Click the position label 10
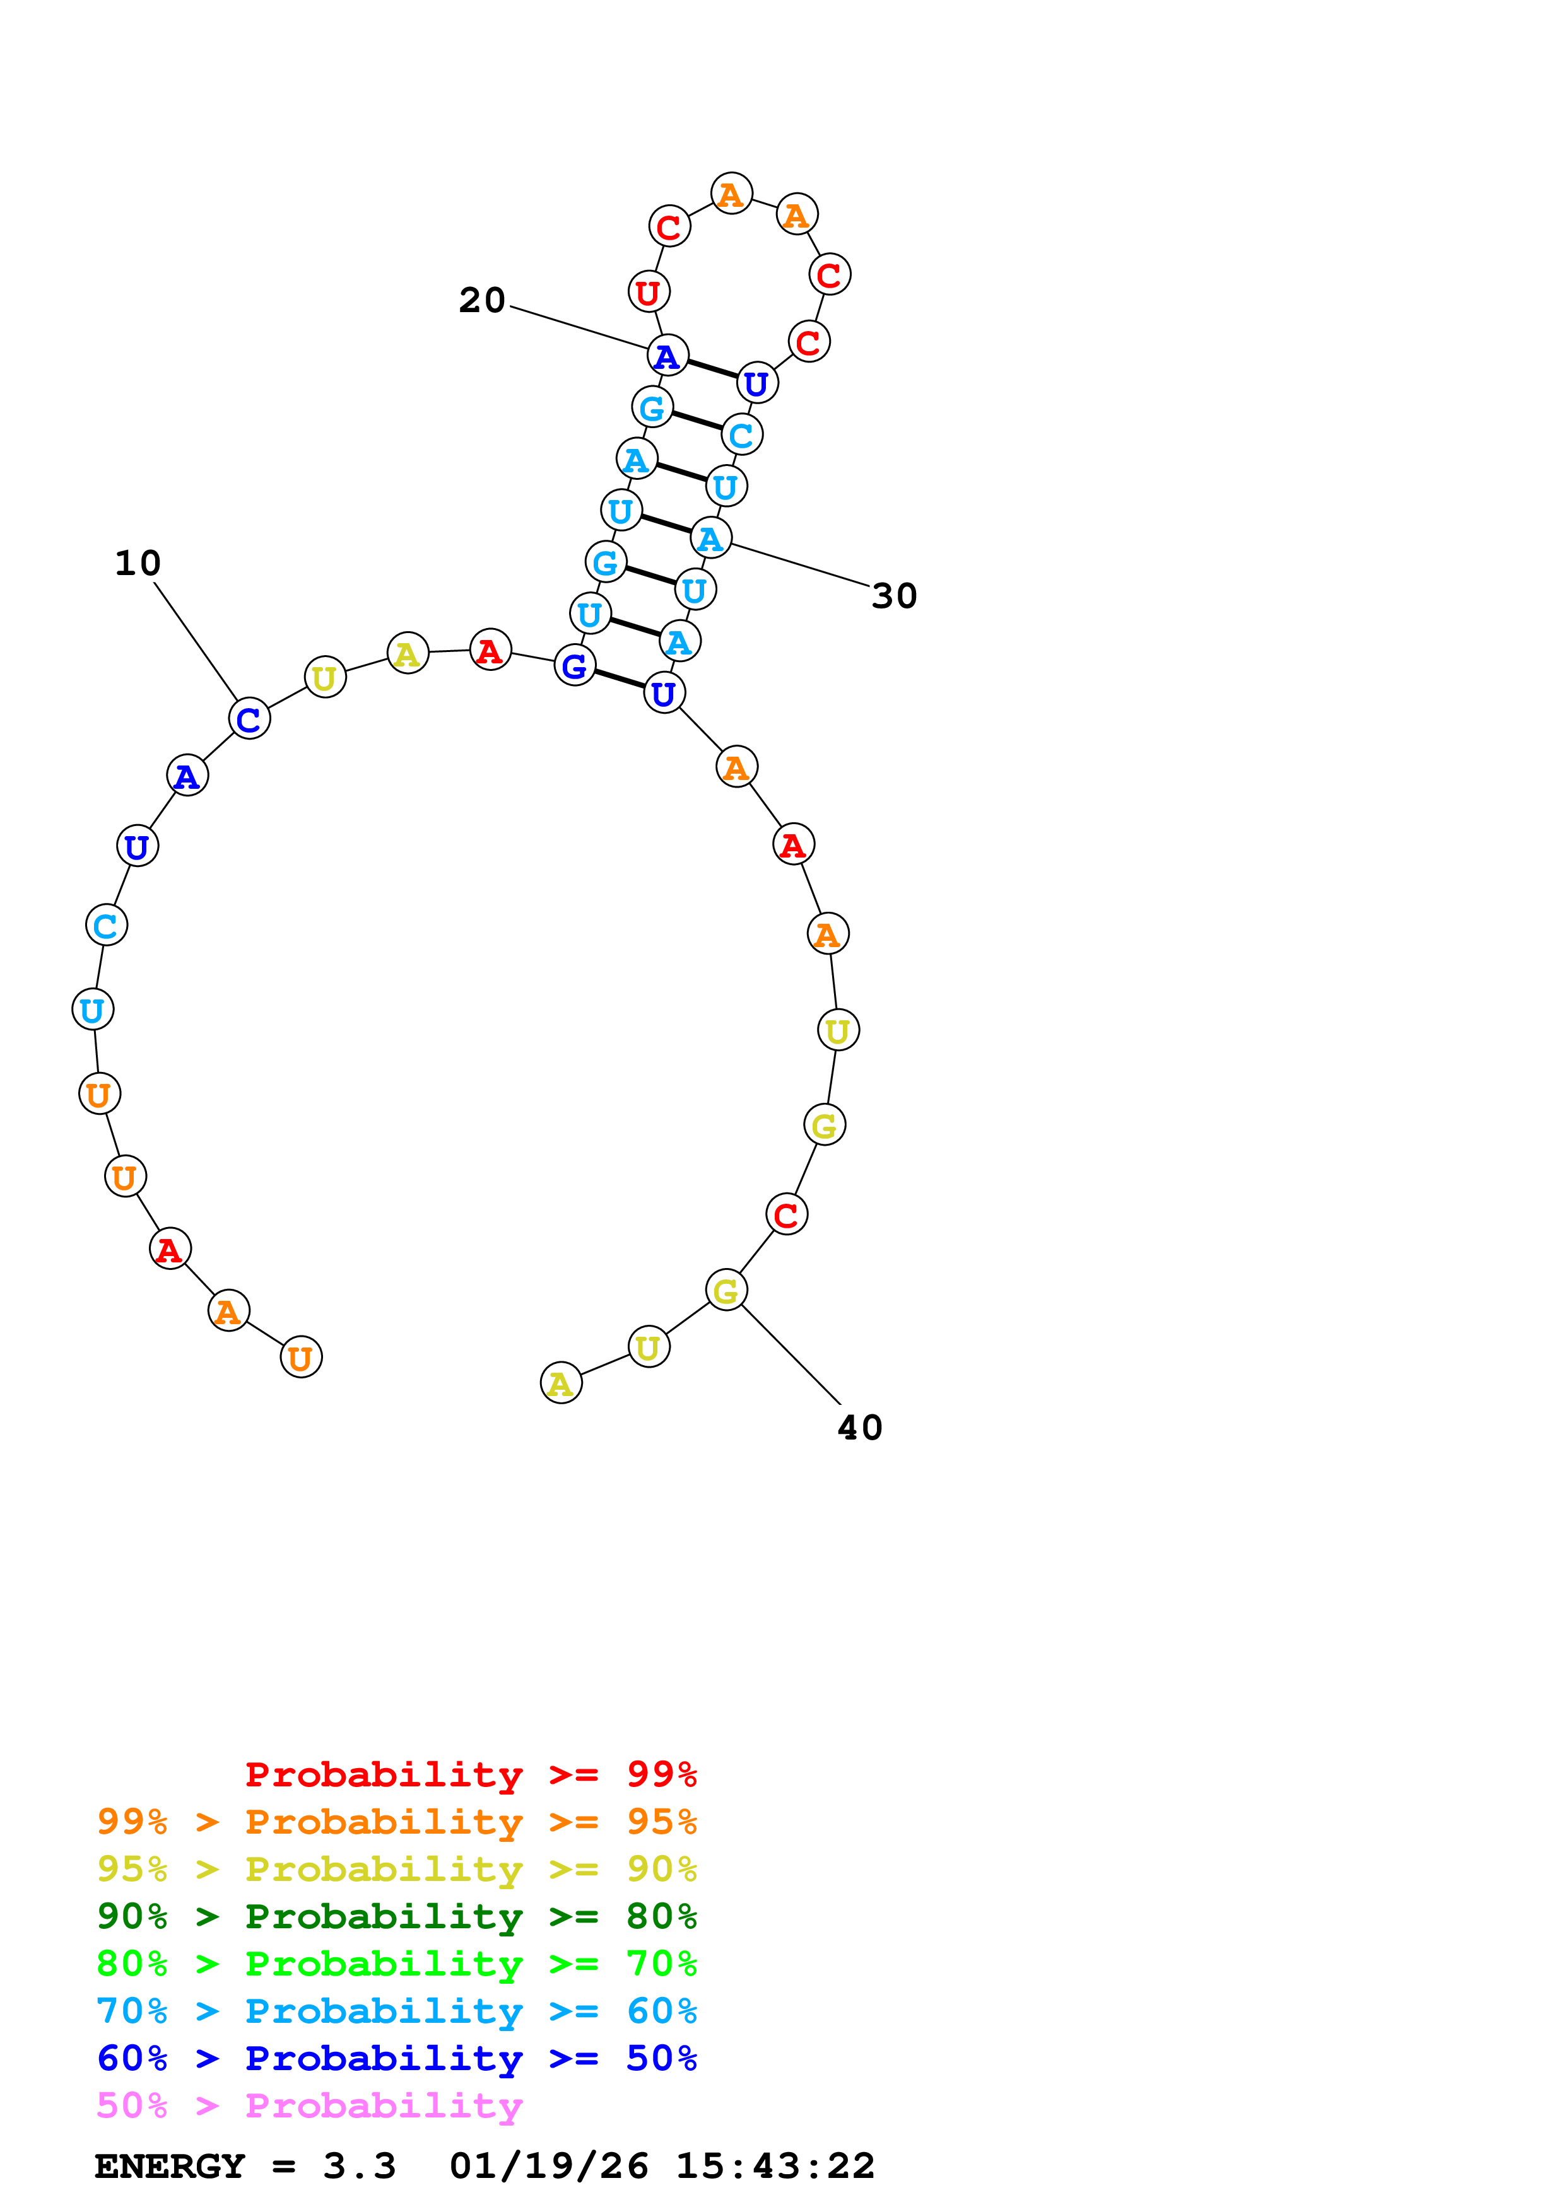tap(137, 564)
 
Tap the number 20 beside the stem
tap(482, 301)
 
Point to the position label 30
tap(893, 597)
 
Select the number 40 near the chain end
tap(859, 1428)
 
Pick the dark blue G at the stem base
tap(574, 666)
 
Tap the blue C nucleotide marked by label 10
tap(249, 719)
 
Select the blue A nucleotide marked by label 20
tap(667, 356)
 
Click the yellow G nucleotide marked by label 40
tap(726, 1290)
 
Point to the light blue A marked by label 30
tap(711, 538)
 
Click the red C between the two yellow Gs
tap(786, 1215)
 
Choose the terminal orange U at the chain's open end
tap(301, 1358)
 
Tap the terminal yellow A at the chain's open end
tap(561, 1383)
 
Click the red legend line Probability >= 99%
tap(470, 1774)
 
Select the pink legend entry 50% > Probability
tap(309, 2104)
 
